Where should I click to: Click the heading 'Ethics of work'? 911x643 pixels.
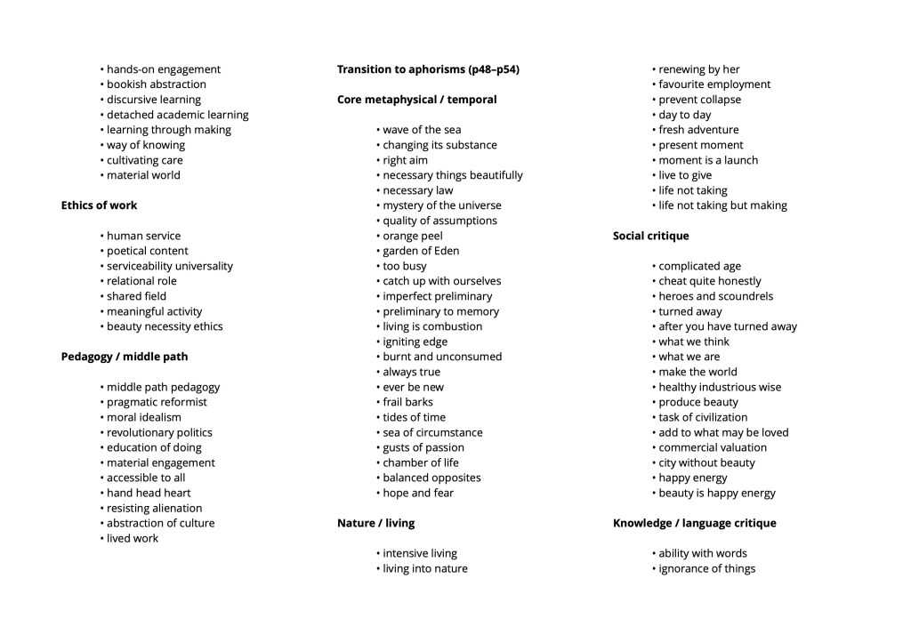(x=99, y=205)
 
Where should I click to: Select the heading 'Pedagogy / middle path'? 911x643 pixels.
(x=125, y=357)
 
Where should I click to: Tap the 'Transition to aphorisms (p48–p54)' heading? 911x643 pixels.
(x=428, y=69)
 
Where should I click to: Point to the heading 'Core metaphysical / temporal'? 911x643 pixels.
(x=416, y=100)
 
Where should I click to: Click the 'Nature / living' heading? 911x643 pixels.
(x=375, y=523)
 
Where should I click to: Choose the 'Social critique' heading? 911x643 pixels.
(x=650, y=236)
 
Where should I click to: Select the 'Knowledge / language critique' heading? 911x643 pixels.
(x=694, y=523)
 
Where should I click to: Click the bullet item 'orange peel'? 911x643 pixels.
(x=412, y=236)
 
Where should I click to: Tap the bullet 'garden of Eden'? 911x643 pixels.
(x=421, y=251)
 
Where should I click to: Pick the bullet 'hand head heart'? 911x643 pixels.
(x=149, y=493)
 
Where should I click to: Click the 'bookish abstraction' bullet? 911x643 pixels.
(x=156, y=84)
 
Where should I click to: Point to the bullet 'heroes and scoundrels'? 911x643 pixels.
(x=715, y=296)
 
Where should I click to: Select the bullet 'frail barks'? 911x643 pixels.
(x=407, y=402)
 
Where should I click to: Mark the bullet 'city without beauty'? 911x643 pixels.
(x=706, y=462)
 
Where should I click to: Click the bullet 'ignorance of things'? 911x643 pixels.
(x=706, y=568)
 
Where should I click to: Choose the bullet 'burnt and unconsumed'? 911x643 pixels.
(x=442, y=357)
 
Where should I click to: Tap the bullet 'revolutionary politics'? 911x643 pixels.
(x=159, y=432)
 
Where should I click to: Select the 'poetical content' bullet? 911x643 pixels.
(x=147, y=251)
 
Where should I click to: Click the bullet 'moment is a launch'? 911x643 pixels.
(x=708, y=160)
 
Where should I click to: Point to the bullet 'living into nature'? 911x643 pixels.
(x=424, y=568)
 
